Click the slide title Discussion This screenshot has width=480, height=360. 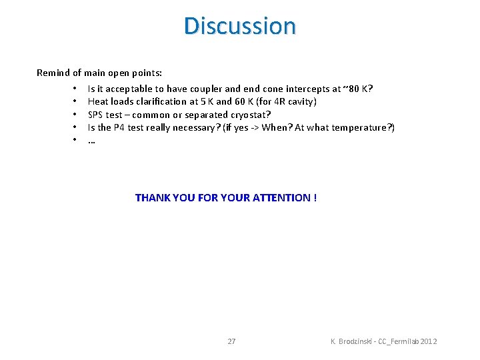click(240, 26)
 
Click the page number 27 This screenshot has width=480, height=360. click(231, 341)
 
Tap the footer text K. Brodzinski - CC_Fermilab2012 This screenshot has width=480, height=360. click(384, 341)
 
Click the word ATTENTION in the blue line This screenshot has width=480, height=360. click(281, 197)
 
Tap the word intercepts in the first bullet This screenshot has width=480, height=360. click(307, 89)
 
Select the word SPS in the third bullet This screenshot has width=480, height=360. click(96, 115)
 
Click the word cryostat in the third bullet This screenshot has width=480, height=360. click(247, 115)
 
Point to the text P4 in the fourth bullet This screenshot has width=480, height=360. click(120, 127)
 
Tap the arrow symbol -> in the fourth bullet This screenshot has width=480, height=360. click(254, 127)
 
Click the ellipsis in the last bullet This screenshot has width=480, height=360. click(91, 141)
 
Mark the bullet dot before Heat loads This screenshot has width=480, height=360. click(76, 101)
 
